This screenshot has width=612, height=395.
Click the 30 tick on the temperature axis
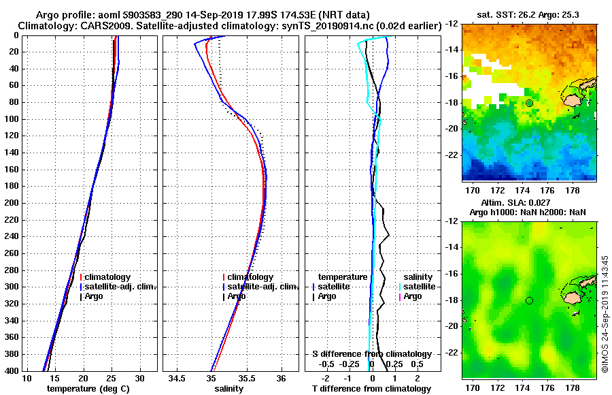click(139, 379)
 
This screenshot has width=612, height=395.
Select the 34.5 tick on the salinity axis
click(177, 379)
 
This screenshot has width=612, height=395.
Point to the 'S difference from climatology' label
click(371, 354)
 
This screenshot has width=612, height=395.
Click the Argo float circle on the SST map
click(529, 103)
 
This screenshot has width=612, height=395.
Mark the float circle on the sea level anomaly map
click(529, 300)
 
